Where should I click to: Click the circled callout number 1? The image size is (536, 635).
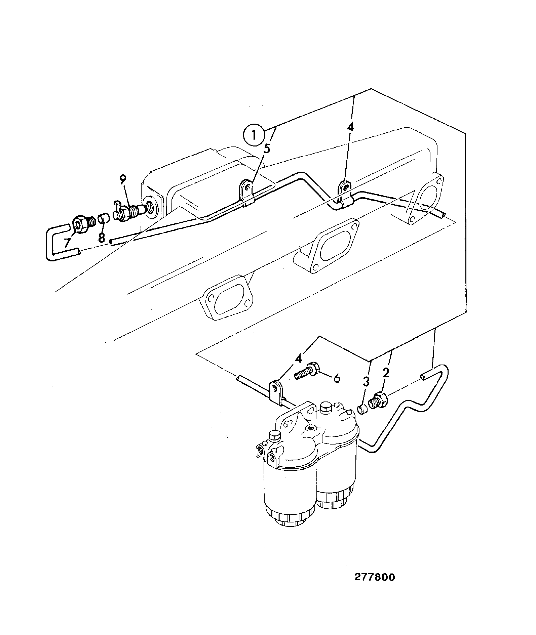pyautogui.click(x=254, y=136)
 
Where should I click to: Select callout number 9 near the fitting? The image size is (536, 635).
pyautogui.click(x=123, y=180)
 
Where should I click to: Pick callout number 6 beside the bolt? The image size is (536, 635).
pyautogui.click(x=336, y=378)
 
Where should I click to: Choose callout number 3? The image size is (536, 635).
pyautogui.click(x=366, y=382)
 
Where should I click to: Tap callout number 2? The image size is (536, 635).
pyautogui.click(x=385, y=373)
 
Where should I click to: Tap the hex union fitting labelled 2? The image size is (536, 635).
pyautogui.click(x=378, y=401)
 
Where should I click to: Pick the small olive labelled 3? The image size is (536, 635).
pyautogui.click(x=361, y=410)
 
